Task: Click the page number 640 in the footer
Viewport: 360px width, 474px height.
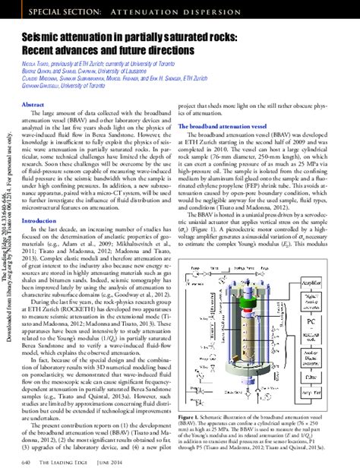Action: tap(27, 462)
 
